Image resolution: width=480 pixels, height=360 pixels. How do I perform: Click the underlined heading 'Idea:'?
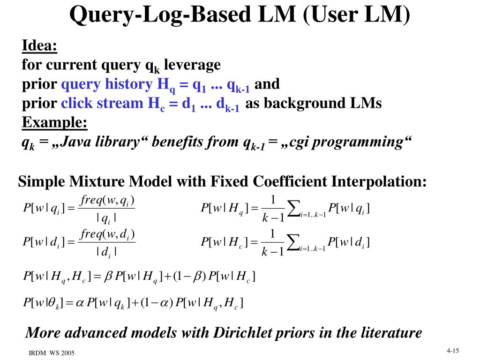tap(39, 46)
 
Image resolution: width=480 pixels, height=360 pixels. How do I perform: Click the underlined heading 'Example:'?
tap(54, 123)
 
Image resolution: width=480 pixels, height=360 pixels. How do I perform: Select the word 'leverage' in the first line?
tap(192, 65)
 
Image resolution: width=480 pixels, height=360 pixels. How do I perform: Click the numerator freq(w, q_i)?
tap(108, 201)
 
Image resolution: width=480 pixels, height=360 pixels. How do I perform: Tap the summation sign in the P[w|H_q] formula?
tap(293, 209)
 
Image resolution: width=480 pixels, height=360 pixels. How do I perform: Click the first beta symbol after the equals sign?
tap(107, 275)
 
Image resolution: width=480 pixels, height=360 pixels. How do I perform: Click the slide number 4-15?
tap(452, 350)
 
